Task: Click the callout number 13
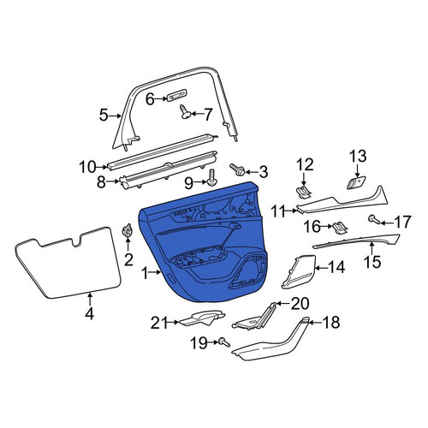[x=358, y=157]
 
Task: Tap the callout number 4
[x=90, y=314]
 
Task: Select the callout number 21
[x=158, y=323]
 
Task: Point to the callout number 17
[x=402, y=223]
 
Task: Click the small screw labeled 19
[x=224, y=342]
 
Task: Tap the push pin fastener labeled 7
[x=185, y=112]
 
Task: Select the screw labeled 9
[x=211, y=177]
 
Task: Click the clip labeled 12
[x=303, y=193]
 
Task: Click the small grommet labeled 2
[x=128, y=230]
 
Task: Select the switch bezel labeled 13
[x=356, y=182]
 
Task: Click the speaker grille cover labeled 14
[x=298, y=272]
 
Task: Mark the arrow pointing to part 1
[x=156, y=272]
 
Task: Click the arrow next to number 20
[x=282, y=303]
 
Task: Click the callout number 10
[x=87, y=167]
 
